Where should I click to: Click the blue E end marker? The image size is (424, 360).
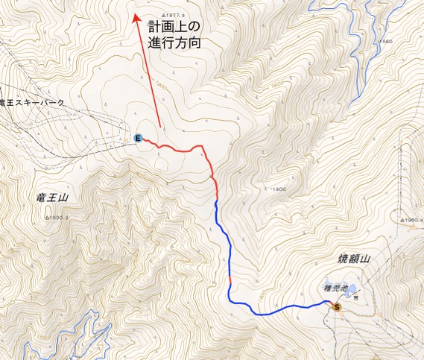click(139, 138)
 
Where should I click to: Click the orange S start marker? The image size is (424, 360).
click(337, 306)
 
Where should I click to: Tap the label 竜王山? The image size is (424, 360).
click(52, 198)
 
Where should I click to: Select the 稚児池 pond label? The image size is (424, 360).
click(335, 284)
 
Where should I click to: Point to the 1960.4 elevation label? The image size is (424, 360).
click(412, 221)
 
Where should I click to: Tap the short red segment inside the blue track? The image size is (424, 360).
click(230, 282)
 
